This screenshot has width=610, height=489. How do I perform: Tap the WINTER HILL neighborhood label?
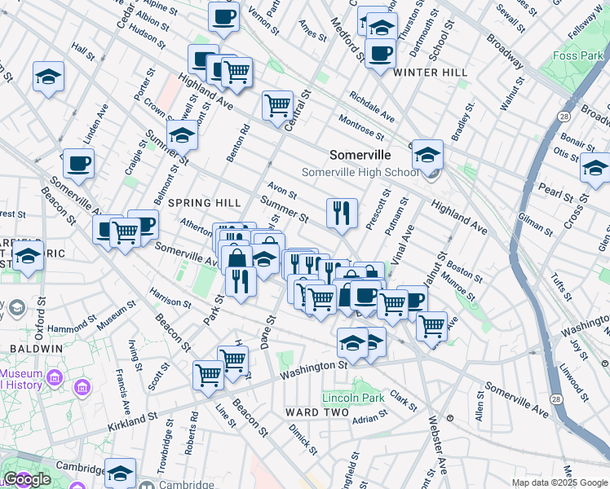pos(430,73)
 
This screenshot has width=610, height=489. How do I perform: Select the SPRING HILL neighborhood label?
pos(201,202)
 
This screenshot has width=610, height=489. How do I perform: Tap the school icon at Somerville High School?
pos(427,153)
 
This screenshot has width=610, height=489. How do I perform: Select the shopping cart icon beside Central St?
pos(277,104)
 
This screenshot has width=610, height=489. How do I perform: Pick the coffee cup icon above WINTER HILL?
pos(380,54)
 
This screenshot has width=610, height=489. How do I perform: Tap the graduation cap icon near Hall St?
pos(48,77)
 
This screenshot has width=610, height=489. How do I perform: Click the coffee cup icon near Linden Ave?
pos(79,162)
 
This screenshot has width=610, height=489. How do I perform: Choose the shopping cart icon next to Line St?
pos(208,374)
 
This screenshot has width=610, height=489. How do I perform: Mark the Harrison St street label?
pos(170,297)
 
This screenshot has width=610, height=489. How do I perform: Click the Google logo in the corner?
pos(27,479)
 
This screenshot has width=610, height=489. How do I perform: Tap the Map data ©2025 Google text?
pos(559,482)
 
